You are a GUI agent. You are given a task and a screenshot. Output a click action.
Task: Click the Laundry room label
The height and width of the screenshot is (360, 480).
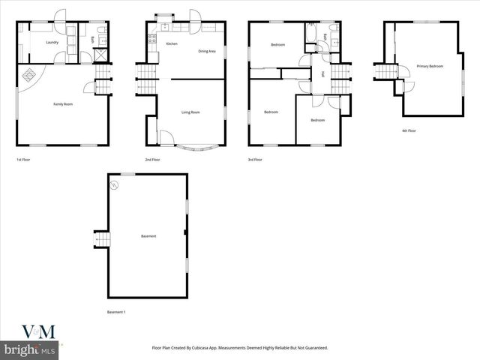pyautogui.click(x=52, y=43)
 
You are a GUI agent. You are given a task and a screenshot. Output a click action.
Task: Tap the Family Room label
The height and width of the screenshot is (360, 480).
pyautogui.click(x=62, y=103)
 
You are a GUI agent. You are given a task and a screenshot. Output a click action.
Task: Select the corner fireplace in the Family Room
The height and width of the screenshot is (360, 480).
pyautogui.click(x=31, y=76)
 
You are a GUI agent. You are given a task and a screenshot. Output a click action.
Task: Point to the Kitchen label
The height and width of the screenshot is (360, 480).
pyautogui.click(x=171, y=44)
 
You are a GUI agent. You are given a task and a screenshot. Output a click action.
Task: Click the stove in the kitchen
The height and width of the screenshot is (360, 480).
pyautogui.click(x=152, y=39)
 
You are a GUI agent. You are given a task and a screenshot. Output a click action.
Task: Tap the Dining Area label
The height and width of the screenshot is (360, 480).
pyautogui.click(x=207, y=51)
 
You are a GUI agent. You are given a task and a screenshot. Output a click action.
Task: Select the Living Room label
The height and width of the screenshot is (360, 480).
pyautogui.click(x=190, y=112)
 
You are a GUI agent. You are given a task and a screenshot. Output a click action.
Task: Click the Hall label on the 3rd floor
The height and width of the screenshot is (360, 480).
pyautogui.click(x=322, y=73)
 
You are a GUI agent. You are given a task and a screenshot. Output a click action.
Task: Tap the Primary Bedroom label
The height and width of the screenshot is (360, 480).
pyautogui.click(x=430, y=67)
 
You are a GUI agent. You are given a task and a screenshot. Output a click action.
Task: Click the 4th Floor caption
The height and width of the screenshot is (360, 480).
pyautogui.click(x=409, y=130)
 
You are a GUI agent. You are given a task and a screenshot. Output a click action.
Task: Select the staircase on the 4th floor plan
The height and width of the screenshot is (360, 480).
pyautogui.click(x=384, y=71)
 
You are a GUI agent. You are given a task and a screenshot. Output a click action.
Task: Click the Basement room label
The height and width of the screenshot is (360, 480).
pyautogui.click(x=148, y=237)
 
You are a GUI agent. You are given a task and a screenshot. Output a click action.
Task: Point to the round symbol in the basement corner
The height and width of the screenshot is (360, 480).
pyautogui.click(x=115, y=184)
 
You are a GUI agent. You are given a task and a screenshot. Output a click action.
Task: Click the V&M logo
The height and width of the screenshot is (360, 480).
pyautogui.click(x=30, y=332)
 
